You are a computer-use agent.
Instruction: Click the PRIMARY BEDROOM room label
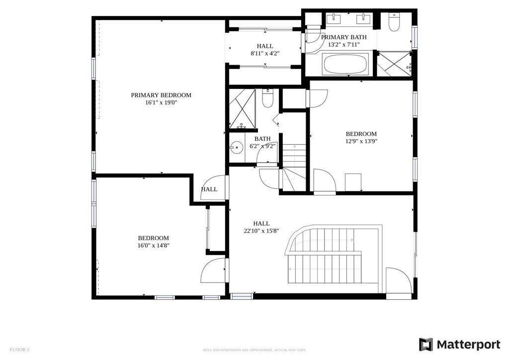click(161, 95)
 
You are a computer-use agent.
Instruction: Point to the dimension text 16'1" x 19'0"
click(161, 103)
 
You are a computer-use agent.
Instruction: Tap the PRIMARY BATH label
click(343, 37)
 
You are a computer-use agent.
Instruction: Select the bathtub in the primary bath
click(345, 64)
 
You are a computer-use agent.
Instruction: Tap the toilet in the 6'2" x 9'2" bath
click(267, 99)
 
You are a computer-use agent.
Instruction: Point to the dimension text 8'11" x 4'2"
click(265, 53)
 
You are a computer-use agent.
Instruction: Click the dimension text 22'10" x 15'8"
click(261, 231)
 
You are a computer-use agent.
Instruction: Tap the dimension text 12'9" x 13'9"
click(361, 141)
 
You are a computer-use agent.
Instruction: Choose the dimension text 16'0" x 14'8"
click(153, 246)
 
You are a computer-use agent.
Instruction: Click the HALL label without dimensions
click(209, 189)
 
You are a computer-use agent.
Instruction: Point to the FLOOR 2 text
click(20, 350)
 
